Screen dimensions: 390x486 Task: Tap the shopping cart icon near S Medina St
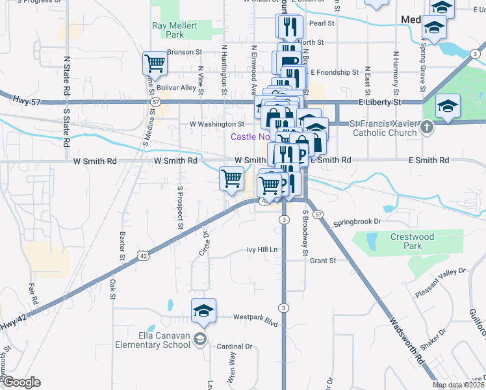[x=155, y=64]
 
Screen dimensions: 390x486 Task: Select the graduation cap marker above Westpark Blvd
[x=203, y=310]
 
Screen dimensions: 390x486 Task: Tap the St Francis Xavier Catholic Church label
[x=383, y=129]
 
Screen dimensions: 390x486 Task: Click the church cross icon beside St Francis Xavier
[x=426, y=128]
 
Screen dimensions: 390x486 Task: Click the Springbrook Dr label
[x=357, y=222]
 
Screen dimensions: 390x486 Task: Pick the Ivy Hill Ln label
[x=262, y=250]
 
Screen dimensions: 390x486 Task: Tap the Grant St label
[x=322, y=261]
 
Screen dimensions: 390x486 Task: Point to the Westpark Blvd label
[x=255, y=318]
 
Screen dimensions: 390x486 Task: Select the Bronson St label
[x=185, y=51]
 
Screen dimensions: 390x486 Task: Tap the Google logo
[x=21, y=382]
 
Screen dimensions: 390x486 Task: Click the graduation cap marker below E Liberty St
[x=448, y=105]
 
